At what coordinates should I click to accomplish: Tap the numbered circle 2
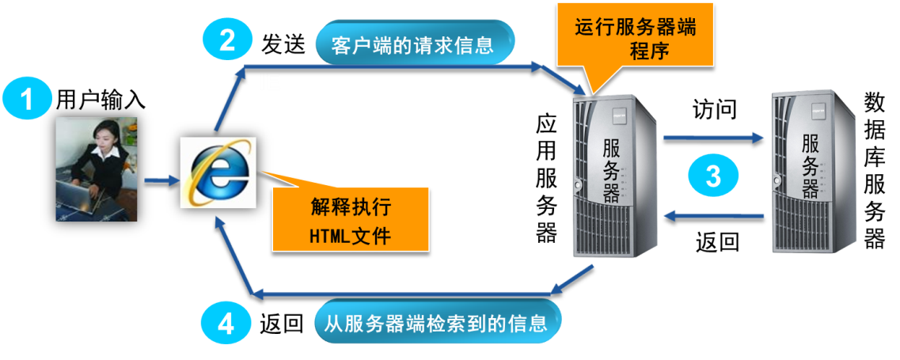pos(226,40)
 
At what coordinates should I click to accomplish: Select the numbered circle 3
pos(712,176)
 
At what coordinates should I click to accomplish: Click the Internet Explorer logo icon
pos(218,172)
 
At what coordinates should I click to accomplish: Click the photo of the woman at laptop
pos(97,169)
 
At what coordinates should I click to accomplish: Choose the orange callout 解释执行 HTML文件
pos(350,221)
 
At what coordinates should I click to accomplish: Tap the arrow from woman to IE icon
pos(161,181)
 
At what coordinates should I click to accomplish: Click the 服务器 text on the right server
pos(810,168)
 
